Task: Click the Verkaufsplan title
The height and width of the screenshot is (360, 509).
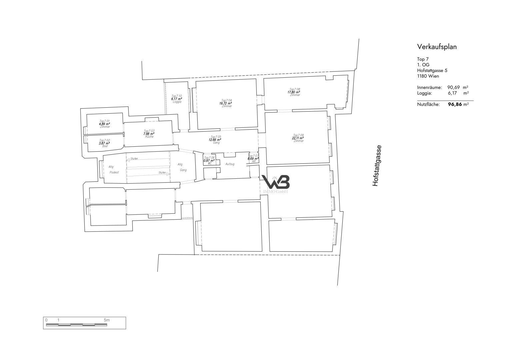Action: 437,47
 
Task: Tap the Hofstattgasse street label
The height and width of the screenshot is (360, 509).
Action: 376,166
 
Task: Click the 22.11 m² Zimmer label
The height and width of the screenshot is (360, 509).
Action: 299,138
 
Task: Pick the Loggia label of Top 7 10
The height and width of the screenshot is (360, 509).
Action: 177,102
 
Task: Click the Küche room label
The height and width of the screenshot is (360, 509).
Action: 149,137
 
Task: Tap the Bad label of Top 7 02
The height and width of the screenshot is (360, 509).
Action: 105,146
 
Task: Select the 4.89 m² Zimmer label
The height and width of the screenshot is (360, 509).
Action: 105,127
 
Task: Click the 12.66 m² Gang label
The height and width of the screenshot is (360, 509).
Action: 216,143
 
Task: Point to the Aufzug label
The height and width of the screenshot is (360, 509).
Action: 230,164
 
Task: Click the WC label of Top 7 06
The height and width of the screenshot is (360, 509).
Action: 210,163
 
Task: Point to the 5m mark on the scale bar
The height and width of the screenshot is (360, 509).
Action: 106,320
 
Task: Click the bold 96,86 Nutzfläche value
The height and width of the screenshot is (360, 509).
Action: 455,104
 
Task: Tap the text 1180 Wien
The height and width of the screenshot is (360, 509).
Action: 428,76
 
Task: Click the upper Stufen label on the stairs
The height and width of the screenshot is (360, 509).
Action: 134,159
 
